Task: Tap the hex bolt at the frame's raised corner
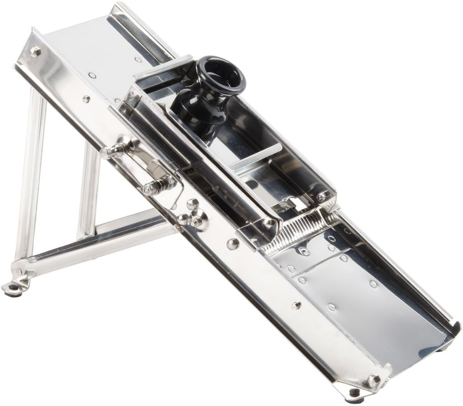click(34, 52)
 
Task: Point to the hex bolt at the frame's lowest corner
click(372, 380)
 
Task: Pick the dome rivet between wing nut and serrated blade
click(233, 244)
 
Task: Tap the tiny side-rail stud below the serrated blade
click(296, 305)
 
